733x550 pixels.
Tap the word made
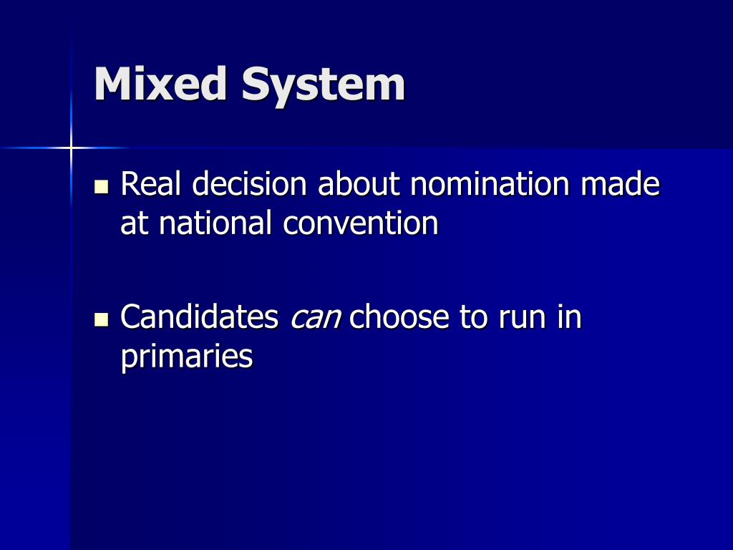620,185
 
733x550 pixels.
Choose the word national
216,223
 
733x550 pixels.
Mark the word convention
360,223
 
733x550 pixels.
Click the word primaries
187,357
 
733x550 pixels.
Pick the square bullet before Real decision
101,187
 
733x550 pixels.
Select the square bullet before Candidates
101,319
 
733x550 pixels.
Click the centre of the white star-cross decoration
71,148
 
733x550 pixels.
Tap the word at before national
135,224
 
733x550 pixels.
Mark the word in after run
570,317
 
